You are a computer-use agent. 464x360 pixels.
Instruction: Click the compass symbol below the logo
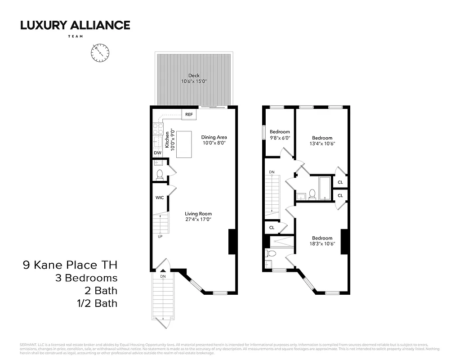(x=100, y=53)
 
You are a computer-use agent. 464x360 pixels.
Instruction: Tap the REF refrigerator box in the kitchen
(x=189, y=114)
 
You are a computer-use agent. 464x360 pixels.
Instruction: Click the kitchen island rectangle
(x=184, y=144)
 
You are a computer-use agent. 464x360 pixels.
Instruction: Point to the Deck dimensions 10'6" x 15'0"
(x=194, y=81)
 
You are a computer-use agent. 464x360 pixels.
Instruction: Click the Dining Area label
(x=214, y=137)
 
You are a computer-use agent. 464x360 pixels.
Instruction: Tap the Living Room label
(x=198, y=214)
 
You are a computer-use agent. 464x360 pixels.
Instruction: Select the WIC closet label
(x=159, y=198)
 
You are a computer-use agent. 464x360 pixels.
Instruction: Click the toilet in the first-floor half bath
(x=160, y=175)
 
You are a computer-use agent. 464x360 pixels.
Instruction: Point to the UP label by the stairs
(x=160, y=236)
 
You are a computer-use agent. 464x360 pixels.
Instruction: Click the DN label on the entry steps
(x=163, y=276)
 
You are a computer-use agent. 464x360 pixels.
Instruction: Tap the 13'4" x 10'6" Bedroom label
(x=322, y=141)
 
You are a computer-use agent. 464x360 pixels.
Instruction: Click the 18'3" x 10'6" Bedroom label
(x=322, y=241)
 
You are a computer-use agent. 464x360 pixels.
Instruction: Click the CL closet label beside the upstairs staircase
(x=272, y=228)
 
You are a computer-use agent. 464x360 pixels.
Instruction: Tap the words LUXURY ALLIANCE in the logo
(x=75, y=25)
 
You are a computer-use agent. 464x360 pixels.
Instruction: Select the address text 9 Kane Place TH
(x=70, y=265)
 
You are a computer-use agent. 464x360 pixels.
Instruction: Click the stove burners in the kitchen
(x=157, y=129)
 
